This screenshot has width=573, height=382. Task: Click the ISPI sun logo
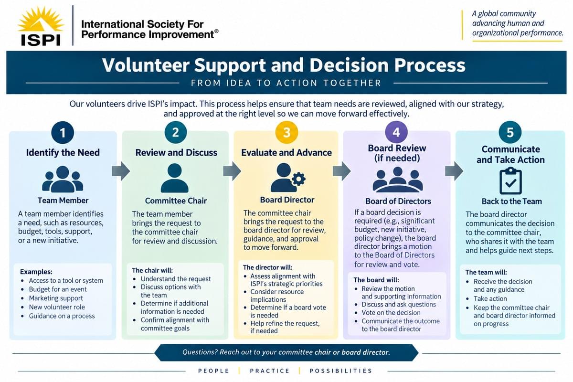[x=41, y=26]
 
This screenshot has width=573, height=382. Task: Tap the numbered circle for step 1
[x=63, y=132]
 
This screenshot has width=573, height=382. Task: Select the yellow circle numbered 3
[x=286, y=132]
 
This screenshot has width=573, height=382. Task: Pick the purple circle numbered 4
[x=396, y=132]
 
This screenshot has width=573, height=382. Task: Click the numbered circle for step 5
[x=510, y=132]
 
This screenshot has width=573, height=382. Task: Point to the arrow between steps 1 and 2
[x=121, y=171]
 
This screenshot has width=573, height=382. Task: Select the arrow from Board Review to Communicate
[x=454, y=171]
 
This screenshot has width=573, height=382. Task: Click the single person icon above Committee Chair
[x=174, y=178]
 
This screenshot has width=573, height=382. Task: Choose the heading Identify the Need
[x=63, y=152]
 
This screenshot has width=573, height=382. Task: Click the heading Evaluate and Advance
[x=286, y=152]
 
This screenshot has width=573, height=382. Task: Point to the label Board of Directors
[x=398, y=201]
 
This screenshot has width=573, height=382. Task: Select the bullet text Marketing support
[x=56, y=298]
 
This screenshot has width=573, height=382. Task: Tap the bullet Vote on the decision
[x=391, y=313]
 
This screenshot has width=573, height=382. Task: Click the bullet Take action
[x=490, y=298]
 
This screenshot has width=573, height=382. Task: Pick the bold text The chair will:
[x=152, y=270]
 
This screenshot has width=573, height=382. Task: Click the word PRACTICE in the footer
[x=270, y=371]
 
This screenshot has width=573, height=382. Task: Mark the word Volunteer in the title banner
[x=146, y=65]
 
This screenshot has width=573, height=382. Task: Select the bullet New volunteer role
[x=57, y=307]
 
